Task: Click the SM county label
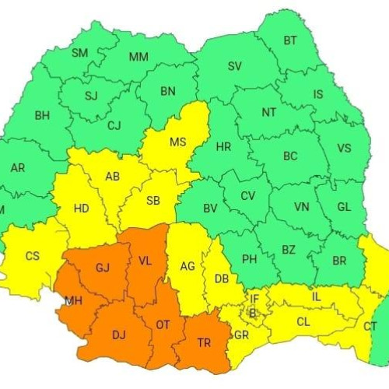(x=80, y=53)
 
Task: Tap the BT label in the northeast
(x=290, y=40)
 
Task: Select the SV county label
(x=235, y=66)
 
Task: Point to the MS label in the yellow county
(x=178, y=142)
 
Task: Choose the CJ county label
(x=114, y=125)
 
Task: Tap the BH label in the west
(x=43, y=116)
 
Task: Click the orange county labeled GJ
(x=103, y=268)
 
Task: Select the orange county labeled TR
(x=205, y=342)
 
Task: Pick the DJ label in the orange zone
(x=119, y=335)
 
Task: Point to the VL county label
(x=145, y=262)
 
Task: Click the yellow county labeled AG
(x=187, y=266)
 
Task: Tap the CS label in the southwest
(x=33, y=256)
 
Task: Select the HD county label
(x=82, y=209)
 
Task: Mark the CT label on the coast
(x=370, y=326)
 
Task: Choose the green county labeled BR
(x=339, y=261)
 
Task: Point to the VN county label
(x=302, y=208)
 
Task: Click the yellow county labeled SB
(x=153, y=201)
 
